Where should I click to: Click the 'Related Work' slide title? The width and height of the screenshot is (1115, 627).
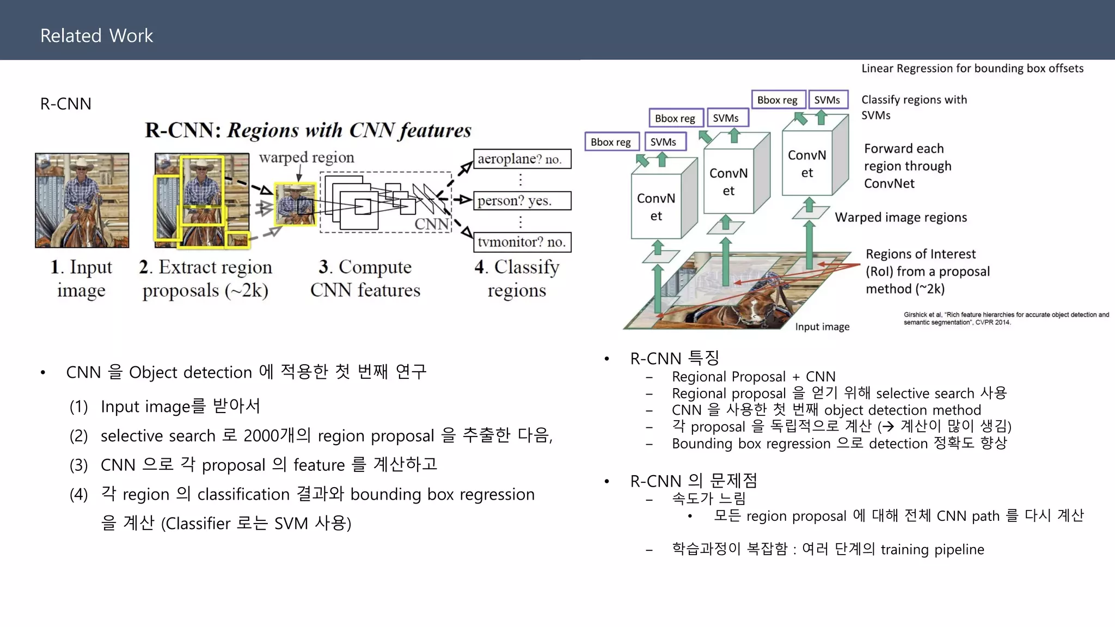(x=96, y=36)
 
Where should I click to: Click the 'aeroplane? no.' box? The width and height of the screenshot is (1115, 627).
(x=522, y=159)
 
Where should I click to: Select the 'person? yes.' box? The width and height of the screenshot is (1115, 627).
(x=522, y=200)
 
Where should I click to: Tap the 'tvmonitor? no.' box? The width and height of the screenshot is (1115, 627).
(x=522, y=242)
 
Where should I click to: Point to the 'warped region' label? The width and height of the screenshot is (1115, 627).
(x=306, y=158)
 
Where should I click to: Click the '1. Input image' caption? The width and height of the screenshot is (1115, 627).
(x=82, y=279)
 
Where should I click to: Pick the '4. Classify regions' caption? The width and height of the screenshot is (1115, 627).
(x=517, y=279)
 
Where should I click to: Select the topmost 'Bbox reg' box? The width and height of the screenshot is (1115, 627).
(x=777, y=100)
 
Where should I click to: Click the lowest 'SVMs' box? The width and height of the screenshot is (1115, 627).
(x=663, y=142)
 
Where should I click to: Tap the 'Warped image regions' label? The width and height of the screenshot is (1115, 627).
(x=900, y=218)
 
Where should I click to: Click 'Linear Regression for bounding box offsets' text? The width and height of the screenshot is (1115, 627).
(x=972, y=69)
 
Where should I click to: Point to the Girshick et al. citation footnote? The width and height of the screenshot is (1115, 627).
(x=1006, y=318)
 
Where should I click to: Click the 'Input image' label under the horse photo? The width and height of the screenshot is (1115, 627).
(x=822, y=327)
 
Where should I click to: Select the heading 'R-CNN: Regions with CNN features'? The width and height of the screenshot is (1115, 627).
(x=308, y=131)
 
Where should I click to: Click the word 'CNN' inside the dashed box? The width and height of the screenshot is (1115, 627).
(x=432, y=224)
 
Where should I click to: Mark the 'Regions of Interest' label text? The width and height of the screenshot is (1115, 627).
(x=921, y=254)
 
